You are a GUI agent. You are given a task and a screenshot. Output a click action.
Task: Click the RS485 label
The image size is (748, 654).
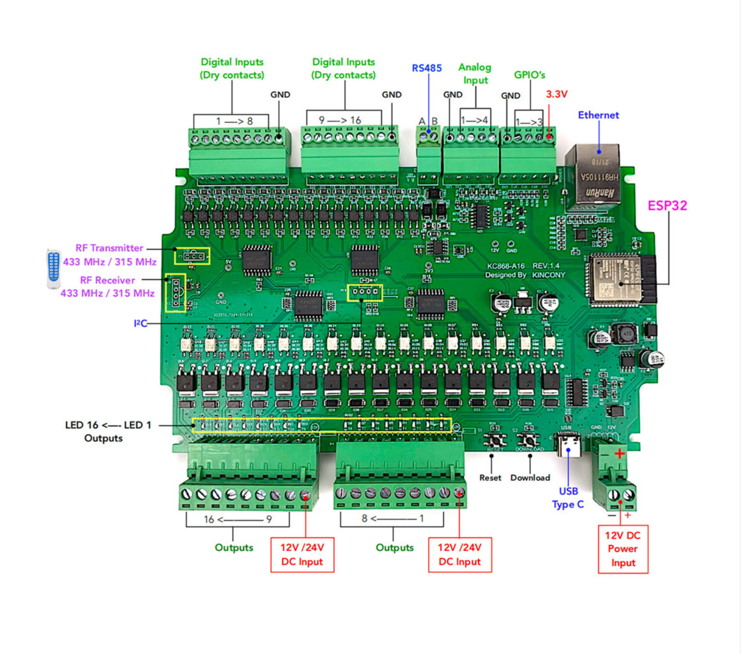tap(427, 68)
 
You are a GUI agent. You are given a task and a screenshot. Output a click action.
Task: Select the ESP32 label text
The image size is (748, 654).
tap(667, 206)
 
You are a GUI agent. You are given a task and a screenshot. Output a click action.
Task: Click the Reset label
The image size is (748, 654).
tap(490, 478)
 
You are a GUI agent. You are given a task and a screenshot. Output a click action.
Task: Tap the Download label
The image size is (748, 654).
tap(530, 478)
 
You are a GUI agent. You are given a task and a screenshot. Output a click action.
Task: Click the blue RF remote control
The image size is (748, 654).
tap(53, 268)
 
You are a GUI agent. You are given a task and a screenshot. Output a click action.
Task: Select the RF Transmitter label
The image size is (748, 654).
tap(109, 248)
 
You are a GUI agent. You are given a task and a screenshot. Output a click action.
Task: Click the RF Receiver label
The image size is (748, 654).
tap(107, 280)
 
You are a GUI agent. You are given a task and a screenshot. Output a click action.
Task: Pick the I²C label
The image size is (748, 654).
tap(140, 323)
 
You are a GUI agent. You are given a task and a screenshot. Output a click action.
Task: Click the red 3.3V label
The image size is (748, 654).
tap(556, 94)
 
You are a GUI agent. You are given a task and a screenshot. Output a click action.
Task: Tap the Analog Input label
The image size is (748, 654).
tap(475, 73)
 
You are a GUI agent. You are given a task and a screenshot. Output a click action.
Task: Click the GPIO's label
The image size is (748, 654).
tap(529, 75)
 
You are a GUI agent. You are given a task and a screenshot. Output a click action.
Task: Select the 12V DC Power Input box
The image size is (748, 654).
tap(623, 549)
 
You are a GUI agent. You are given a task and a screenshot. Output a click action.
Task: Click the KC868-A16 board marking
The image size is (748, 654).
tap(505, 266)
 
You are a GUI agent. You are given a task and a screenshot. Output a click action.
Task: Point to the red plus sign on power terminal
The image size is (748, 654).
tap(620, 454)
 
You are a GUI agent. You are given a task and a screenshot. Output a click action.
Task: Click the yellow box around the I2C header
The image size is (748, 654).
tap(365, 293)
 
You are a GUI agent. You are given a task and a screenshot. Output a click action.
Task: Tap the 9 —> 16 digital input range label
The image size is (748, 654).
tap(340, 120)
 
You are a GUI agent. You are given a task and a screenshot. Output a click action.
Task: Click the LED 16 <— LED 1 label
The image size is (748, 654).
tap(108, 425)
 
